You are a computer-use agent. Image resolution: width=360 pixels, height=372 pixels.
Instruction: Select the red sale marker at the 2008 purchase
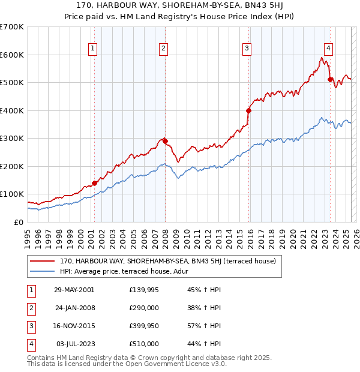click(x=165, y=141)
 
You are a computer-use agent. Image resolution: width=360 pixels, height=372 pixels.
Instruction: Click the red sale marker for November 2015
click(x=248, y=110)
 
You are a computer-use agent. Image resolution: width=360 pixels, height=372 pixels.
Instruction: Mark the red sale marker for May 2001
click(x=94, y=183)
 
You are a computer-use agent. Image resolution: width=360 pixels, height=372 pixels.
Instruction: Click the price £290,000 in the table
click(x=144, y=308)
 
